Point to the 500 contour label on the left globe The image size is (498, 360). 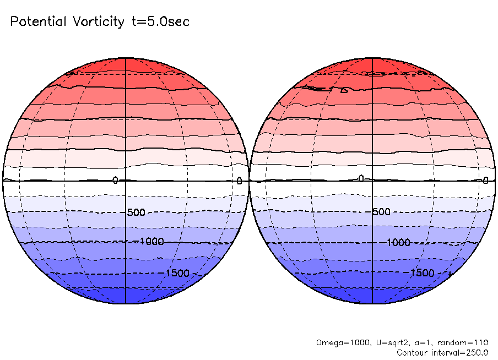point(136,212)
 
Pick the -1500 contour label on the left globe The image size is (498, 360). point(177,273)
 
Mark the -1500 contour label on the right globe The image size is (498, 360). point(422,273)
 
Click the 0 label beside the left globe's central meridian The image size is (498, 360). point(116,181)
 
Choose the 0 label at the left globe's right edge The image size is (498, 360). point(240,181)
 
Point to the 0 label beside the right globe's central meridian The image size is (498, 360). point(361,178)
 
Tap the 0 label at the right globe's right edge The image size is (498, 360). point(485,181)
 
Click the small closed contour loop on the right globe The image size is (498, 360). point(344,90)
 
